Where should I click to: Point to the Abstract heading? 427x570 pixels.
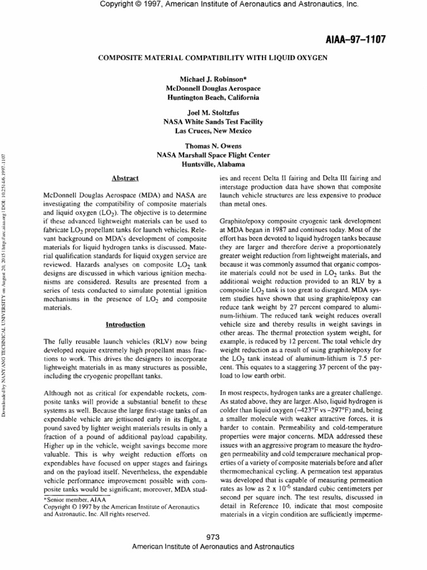[x=125, y=178]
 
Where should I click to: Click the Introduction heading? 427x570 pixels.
[x=125, y=325]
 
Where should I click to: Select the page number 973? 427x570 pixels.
[x=213, y=537]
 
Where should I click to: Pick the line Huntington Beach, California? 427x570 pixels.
[x=213, y=97]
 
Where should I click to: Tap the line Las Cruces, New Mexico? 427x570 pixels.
[x=213, y=130]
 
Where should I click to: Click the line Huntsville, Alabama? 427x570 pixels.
[x=213, y=164]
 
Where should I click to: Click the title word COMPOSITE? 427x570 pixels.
[x=119, y=57]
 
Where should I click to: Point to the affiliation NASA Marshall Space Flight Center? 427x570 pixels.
[x=213, y=156]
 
